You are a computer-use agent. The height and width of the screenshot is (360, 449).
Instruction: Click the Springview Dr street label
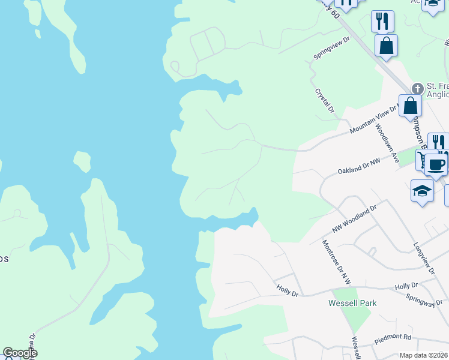(x=331, y=49)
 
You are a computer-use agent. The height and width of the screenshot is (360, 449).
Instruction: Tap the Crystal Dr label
(x=324, y=101)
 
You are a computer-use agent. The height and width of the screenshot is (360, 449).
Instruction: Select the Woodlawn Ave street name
(x=387, y=143)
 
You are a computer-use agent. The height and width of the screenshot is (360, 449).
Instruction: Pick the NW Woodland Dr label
(x=354, y=219)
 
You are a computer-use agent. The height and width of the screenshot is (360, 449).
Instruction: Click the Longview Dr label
(x=423, y=259)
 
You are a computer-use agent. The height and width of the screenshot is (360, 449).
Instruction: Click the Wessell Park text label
(x=352, y=303)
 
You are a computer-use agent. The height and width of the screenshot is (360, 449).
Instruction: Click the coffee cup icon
(x=436, y=164)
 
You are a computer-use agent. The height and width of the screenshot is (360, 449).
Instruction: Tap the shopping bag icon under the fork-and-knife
(x=386, y=45)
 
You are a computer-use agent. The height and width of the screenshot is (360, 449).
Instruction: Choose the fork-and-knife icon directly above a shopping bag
(x=382, y=21)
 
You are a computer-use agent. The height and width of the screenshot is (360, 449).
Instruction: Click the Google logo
(x=19, y=353)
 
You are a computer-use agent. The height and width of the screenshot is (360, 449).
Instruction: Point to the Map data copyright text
(x=423, y=355)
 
